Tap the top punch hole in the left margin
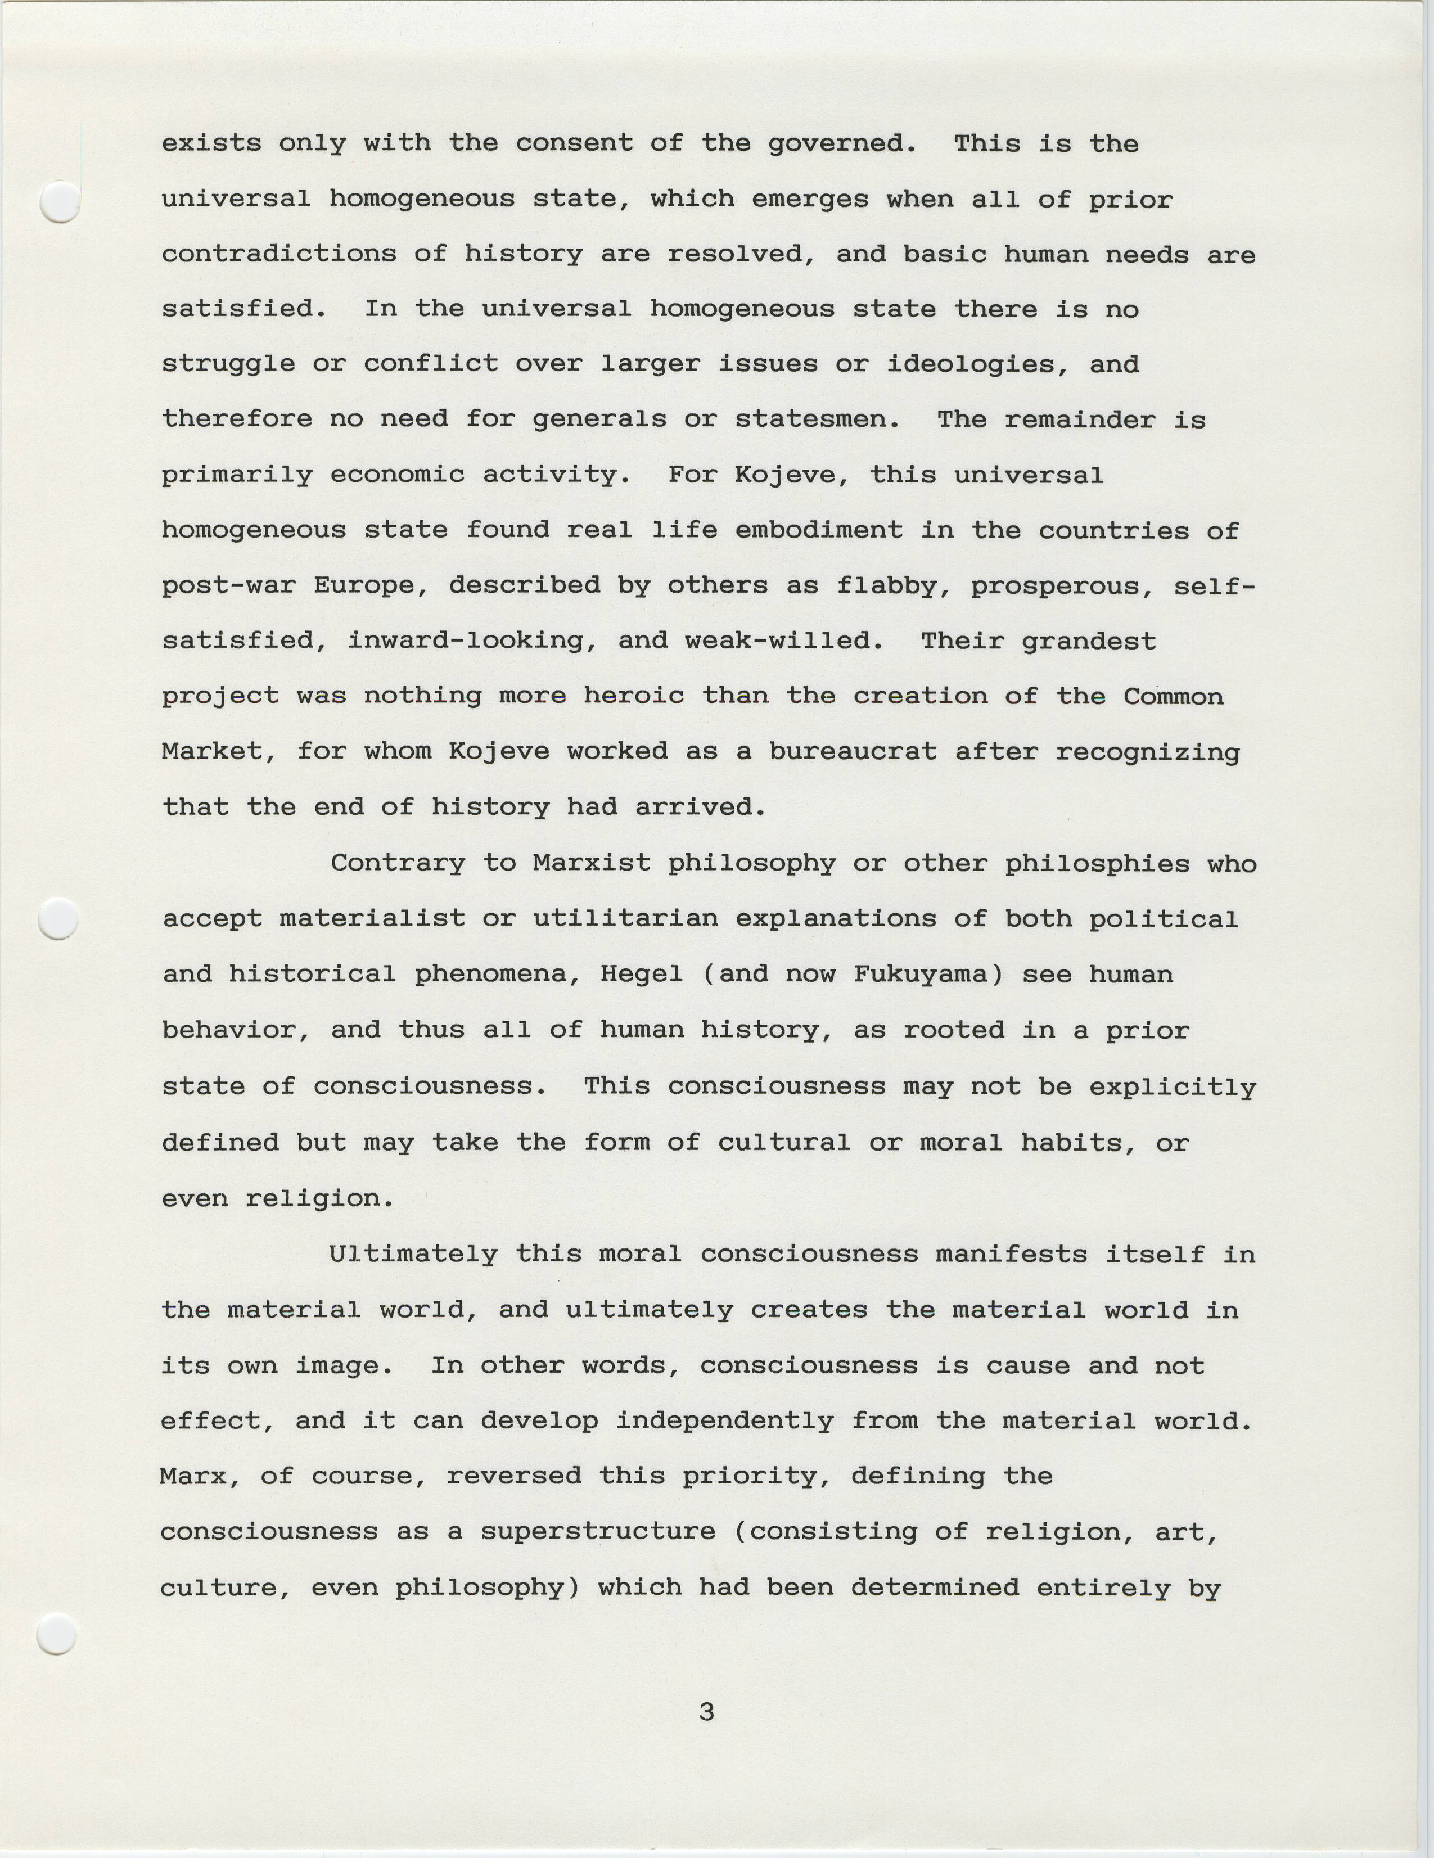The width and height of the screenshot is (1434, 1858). tap(60, 202)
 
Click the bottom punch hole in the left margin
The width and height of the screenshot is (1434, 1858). tap(58, 1634)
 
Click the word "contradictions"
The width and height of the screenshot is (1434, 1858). tap(279, 254)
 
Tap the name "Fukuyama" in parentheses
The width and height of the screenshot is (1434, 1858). tap(928, 974)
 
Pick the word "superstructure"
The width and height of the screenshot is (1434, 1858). tap(598, 1531)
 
